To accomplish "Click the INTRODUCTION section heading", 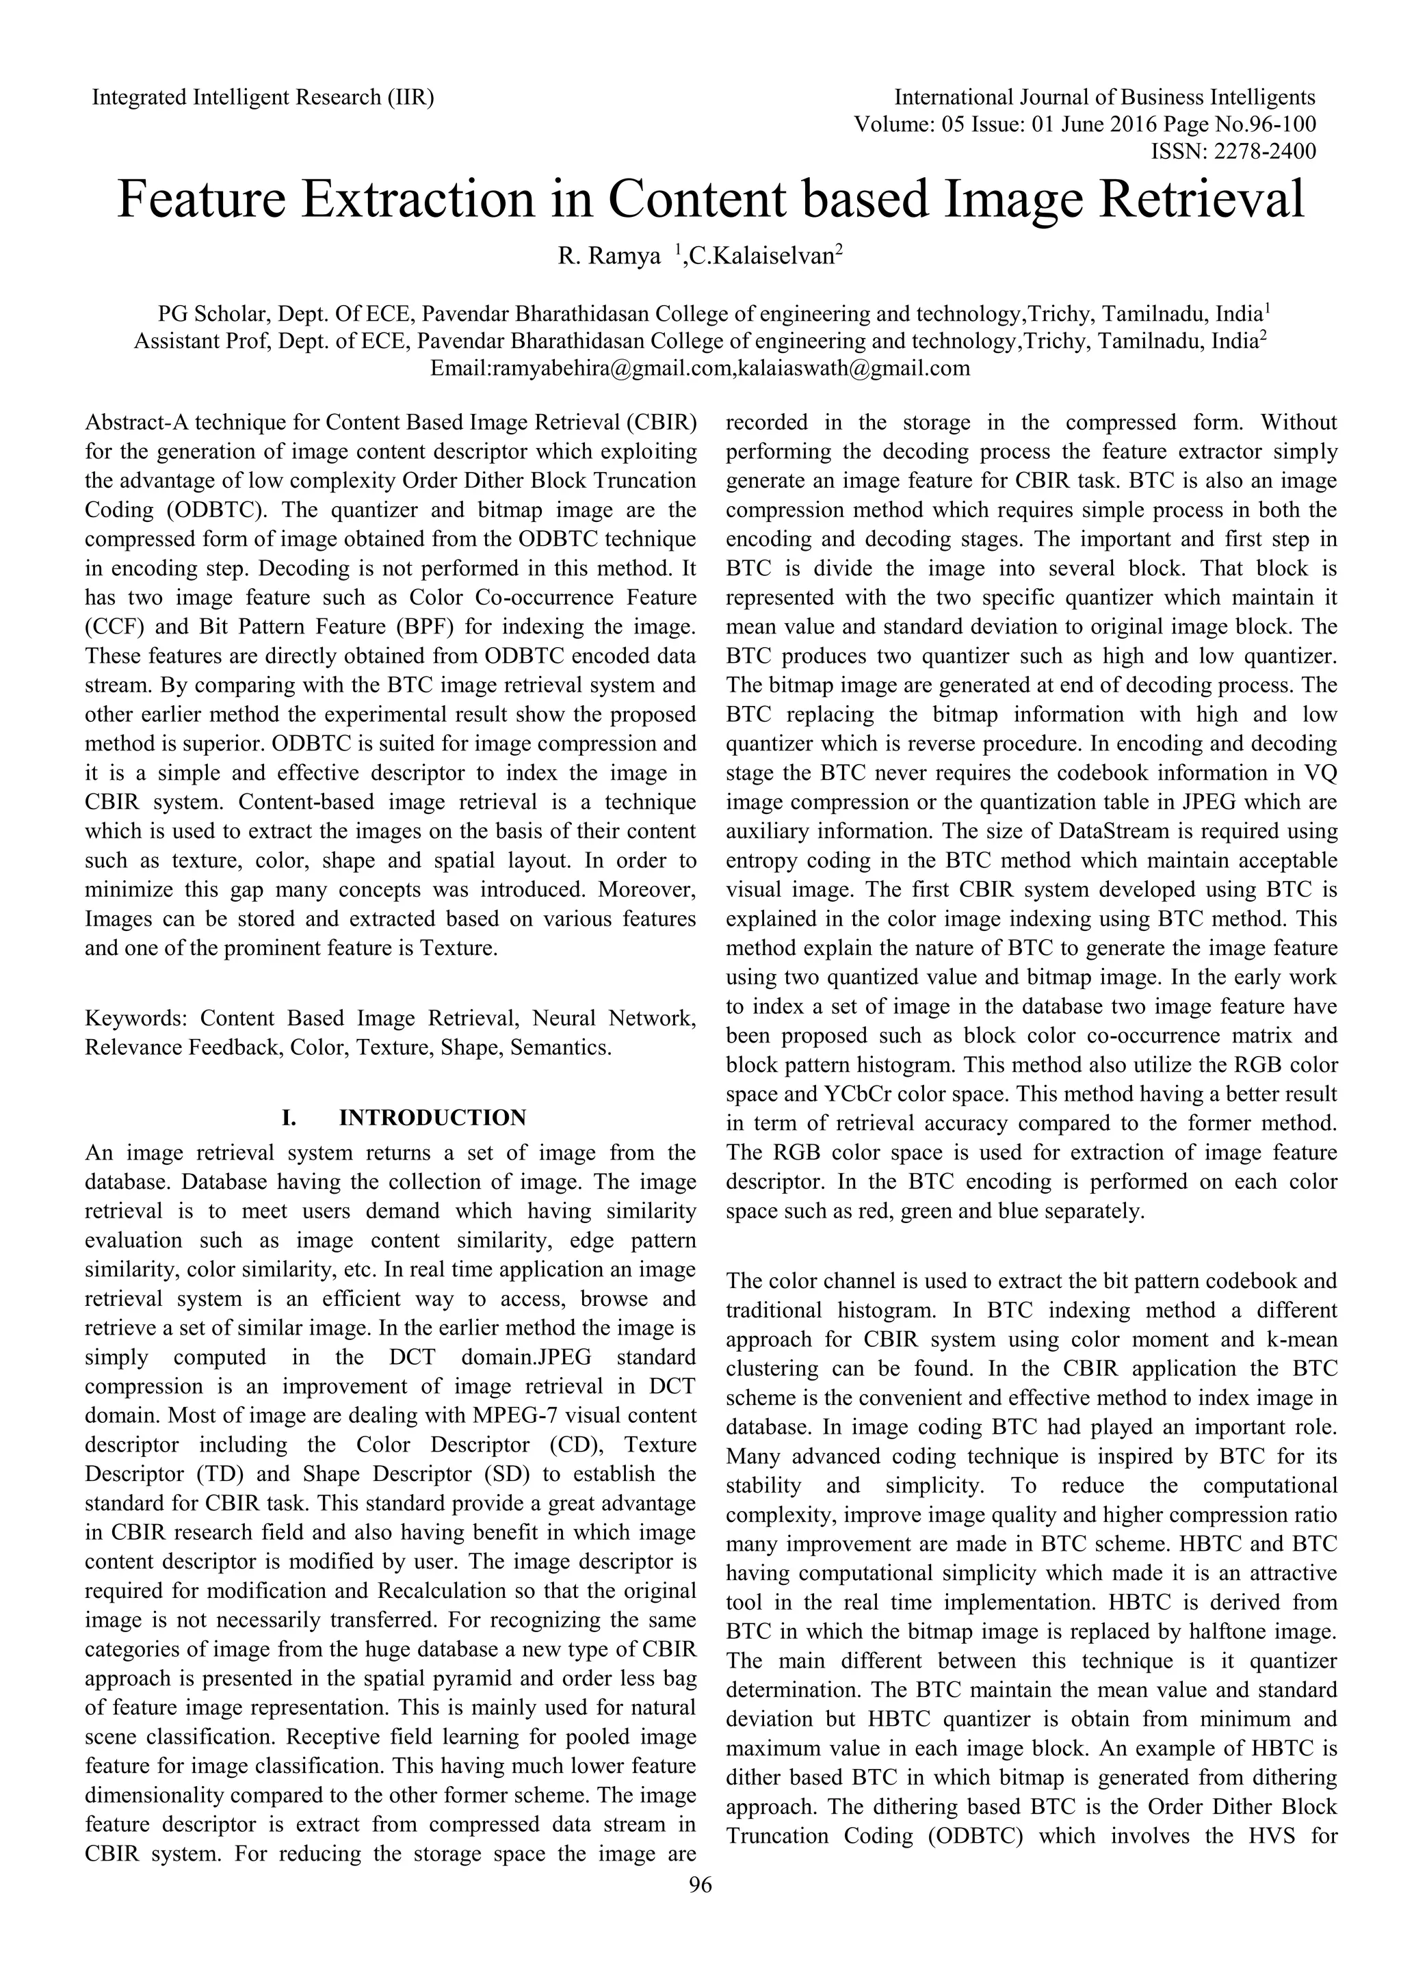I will coord(432,1118).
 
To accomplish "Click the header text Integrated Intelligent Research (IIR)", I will coord(263,96).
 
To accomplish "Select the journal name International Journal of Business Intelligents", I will coord(1105,96).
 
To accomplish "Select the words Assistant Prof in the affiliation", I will coord(201,341).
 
